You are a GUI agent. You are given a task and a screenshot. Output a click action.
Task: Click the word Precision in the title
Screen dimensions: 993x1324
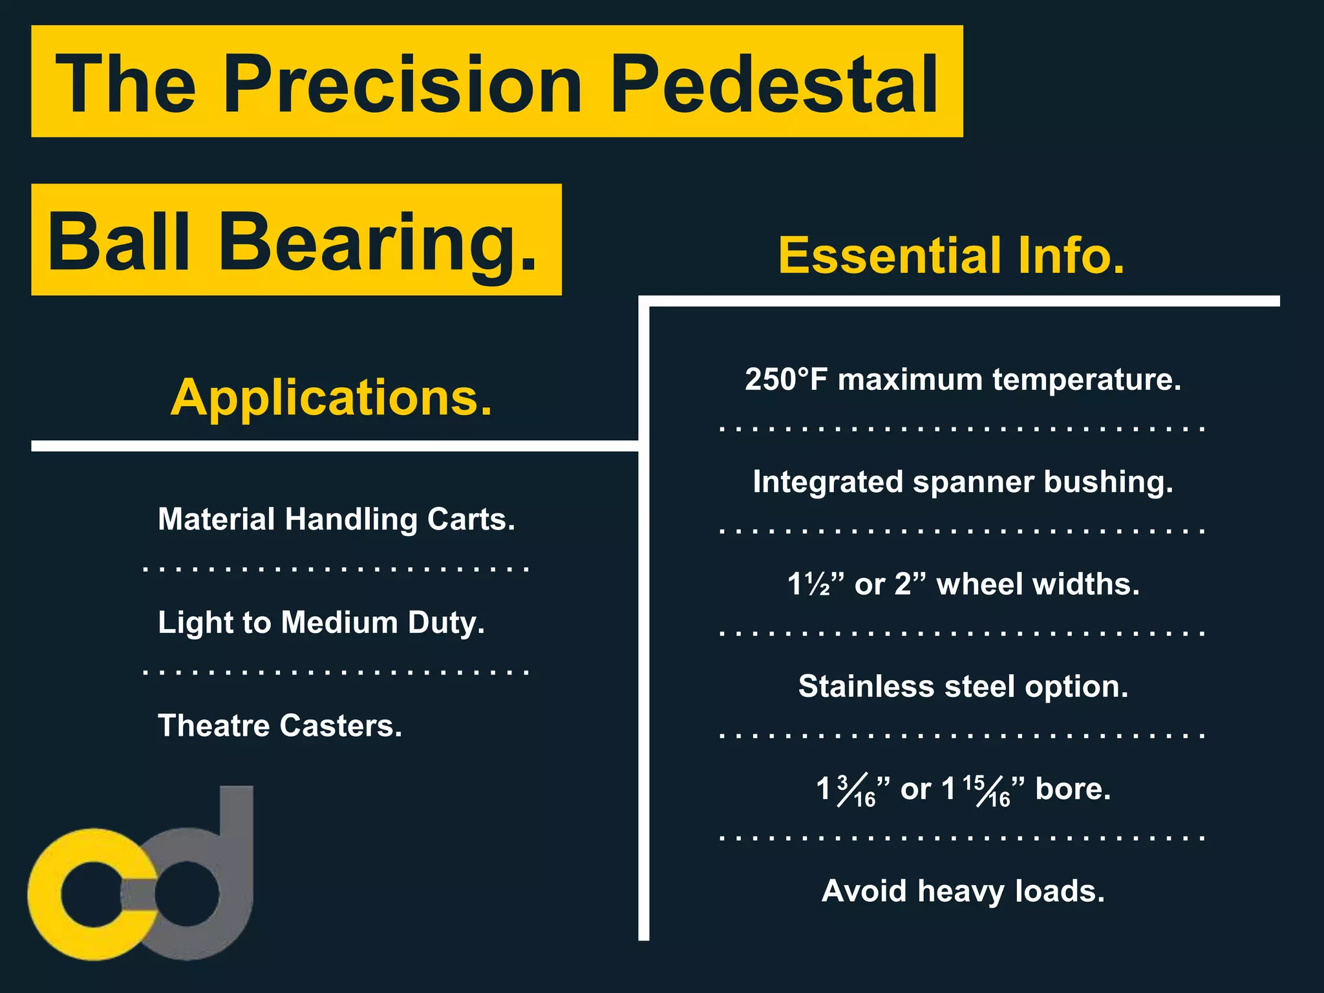(402, 84)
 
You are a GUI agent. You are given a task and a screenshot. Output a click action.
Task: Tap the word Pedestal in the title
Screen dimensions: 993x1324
(774, 84)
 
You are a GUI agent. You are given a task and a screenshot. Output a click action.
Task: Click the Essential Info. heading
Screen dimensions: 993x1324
(951, 255)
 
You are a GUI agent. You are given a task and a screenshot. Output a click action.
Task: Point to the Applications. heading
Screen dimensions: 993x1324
(332, 397)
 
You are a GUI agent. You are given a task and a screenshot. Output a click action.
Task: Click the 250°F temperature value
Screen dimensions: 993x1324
(785, 379)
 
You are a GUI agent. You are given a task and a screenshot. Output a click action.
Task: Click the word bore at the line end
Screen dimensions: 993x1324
(1073, 789)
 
